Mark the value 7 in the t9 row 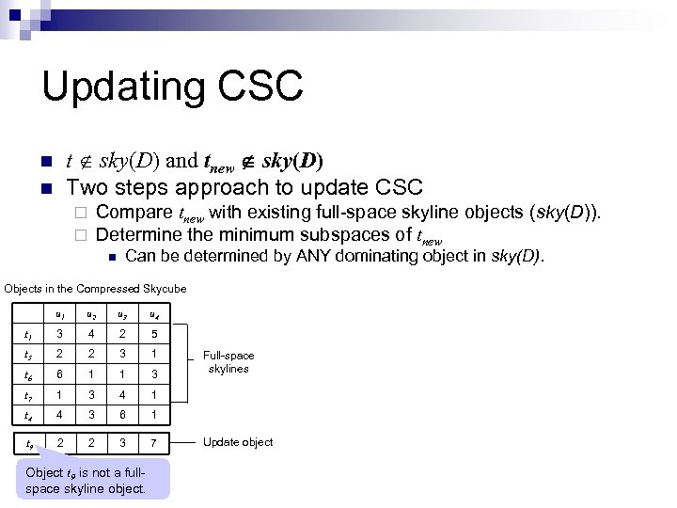tap(154, 442)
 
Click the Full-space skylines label tap(228, 362)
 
